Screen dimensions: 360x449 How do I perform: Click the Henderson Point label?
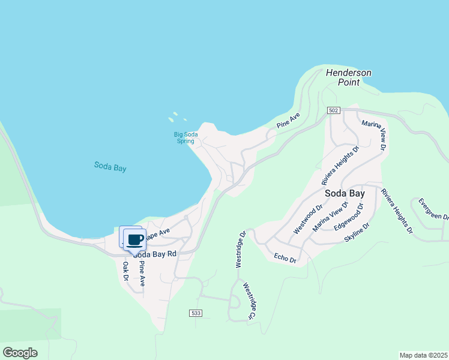(348, 77)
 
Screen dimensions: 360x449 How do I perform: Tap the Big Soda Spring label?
(184, 137)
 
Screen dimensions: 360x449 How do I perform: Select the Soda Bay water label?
(110, 167)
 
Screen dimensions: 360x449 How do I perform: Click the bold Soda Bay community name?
(345, 194)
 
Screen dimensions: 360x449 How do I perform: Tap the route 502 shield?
(334, 110)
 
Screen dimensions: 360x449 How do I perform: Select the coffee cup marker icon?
(134, 240)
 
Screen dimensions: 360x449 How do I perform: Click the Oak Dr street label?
(125, 271)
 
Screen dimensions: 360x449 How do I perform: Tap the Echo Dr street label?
(285, 259)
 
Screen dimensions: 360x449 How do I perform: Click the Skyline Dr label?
(357, 232)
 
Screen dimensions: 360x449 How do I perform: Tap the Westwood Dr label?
(308, 219)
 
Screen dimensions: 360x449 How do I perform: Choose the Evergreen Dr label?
(433, 208)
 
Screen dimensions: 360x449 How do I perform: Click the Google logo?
(19, 353)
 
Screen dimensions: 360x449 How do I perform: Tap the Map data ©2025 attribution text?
(423, 355)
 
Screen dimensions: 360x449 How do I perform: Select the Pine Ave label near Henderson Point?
(288, 120)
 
